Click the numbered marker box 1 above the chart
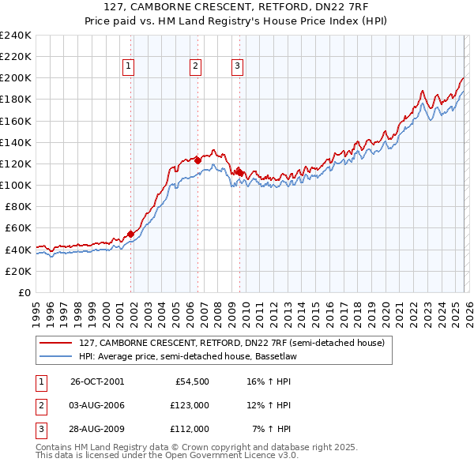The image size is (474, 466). click(x=128, y=67)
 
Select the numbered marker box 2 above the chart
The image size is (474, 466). click(x=195, y=67)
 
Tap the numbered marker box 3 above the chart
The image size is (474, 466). click(x=238, y=67)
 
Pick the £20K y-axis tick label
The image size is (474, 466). click(x=18, y=271)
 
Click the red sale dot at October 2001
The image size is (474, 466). click(x=131, y=234)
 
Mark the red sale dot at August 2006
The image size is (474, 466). click(x=197, y=160)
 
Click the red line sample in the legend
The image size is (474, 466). click(x=56, y=343)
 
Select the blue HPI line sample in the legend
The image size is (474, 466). click(x=56, y=357)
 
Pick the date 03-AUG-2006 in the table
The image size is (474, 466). click(x=97, y=405)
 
